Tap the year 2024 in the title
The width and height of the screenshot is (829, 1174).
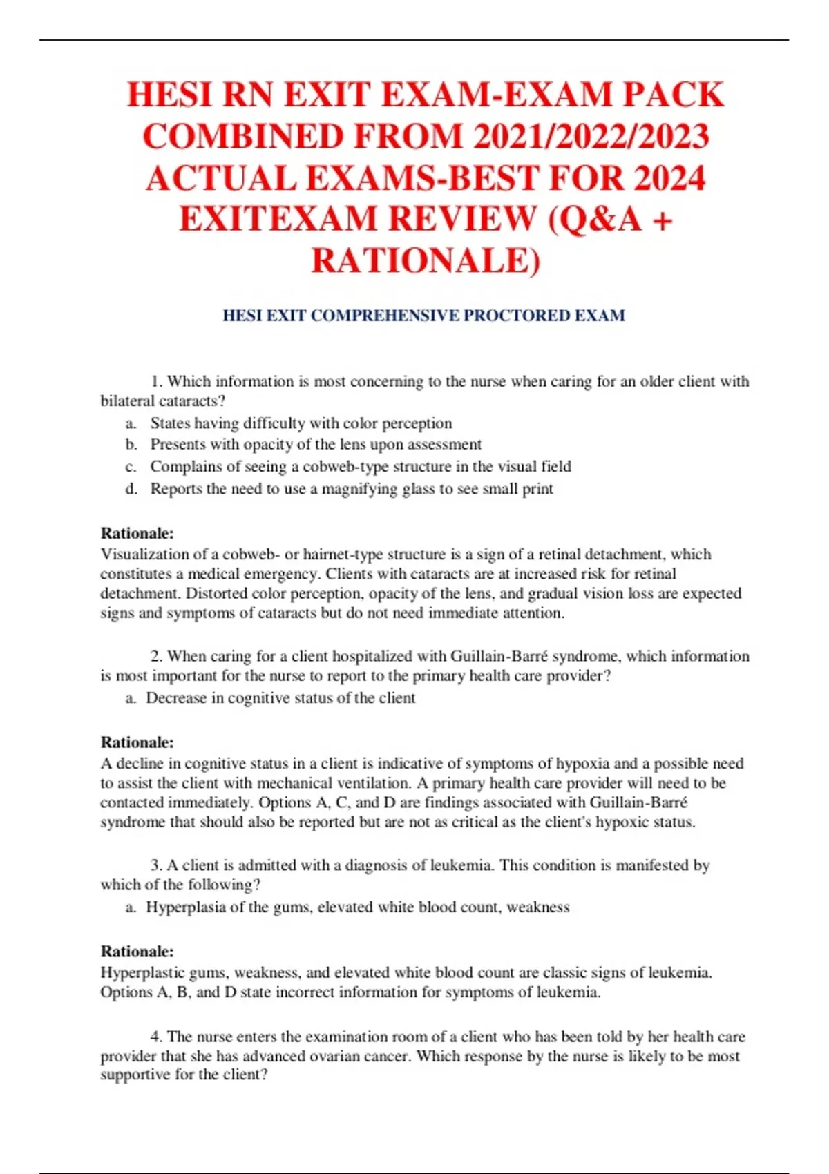pyautogui.click(x=669, y=177)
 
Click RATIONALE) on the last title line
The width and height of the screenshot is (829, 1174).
pyautogui.click(x=426, y=260)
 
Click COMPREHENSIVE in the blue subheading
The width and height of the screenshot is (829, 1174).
pyautogui.click(x=385, y=316)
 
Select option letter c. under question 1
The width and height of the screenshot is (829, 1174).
pyautogui.click(x=131, y=467)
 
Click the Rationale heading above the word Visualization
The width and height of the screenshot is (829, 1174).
pyautogui.click(x=137, y=533)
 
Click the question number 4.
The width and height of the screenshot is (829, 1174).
pyautogui.click(x=156, y=1037)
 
